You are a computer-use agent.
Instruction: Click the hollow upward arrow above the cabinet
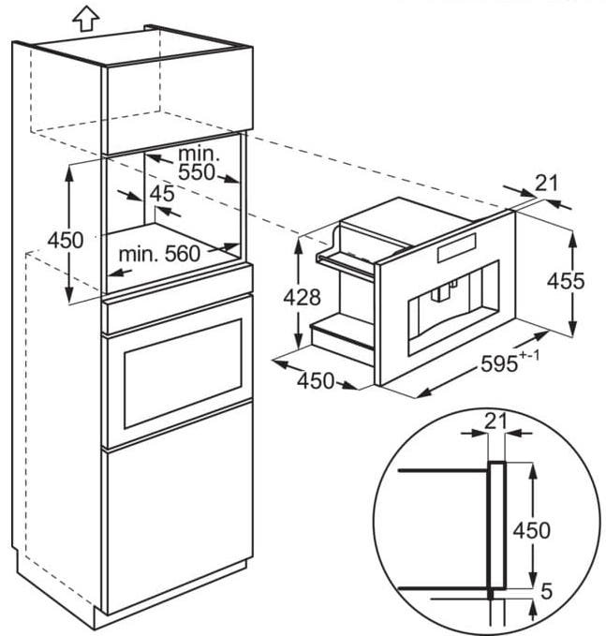coord(85,17)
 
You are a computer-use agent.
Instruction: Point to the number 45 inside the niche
coord(161,195)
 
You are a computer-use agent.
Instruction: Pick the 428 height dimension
coord(303,298)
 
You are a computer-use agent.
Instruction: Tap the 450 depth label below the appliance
coord(316,380)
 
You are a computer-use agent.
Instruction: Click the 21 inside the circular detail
coord(495,422)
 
